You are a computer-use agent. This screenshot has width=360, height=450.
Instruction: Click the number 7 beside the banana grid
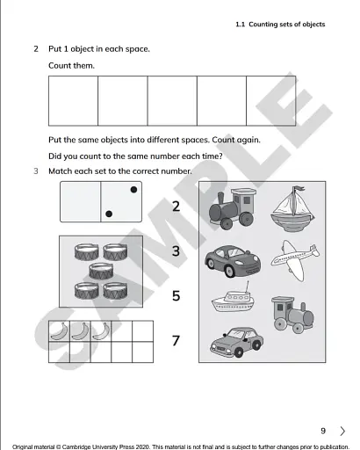pyautogui.click(x=176, y=340)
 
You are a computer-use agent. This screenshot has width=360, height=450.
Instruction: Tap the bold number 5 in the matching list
pyautogui.click(x=176, y=296)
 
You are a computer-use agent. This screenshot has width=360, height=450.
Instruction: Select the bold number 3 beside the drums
pyautogui.click(x=176, y=251)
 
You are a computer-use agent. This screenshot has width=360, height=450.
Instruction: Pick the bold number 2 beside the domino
pyautogui.click(x=176, y=207)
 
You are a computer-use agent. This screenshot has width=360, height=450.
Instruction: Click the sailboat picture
pyautogui.click(x=288, y=207)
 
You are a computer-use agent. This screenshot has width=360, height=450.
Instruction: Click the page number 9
pyautogui.click(x=323, y=431)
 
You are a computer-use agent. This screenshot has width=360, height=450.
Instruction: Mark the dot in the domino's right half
pyautogui.click(x=133, y=189)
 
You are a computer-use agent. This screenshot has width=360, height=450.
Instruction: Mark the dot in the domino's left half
pyautogui.click(x=107, y=214)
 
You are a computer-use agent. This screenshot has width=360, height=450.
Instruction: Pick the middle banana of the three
pyautogui.click(x=80, y=331)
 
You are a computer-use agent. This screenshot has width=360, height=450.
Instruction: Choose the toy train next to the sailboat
pyautogui.click(x=233, y=207)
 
